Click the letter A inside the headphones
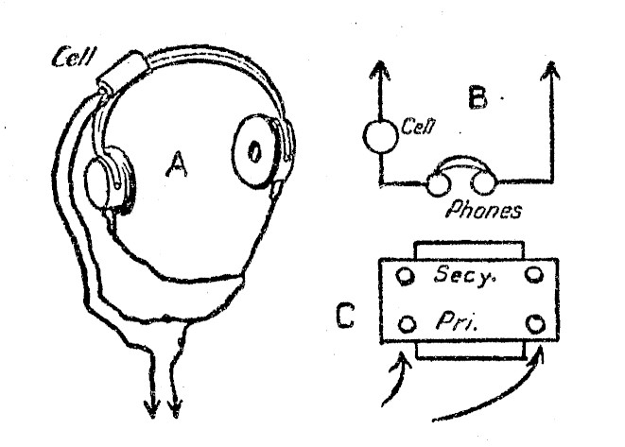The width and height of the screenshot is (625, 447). coord(177,166)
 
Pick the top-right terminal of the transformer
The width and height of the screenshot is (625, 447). coord(537,276)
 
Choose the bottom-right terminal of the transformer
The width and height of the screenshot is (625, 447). coord(537,324)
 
